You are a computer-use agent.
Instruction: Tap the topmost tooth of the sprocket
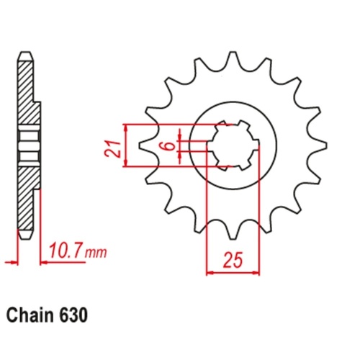pyautogui.click(x=231, y=59)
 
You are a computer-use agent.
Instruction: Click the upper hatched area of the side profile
pyautogui.click(x=27, y=94)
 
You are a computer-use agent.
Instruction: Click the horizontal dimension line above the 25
pyautogui.click(x=232, y=272)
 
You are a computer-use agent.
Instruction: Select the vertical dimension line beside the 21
pyautogui.click(x=126, y=146)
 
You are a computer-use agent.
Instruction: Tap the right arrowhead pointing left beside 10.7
pyautogui.click(x=44, y=262)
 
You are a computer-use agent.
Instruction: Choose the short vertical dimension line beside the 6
pyautogui.click(x=181, y=146)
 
